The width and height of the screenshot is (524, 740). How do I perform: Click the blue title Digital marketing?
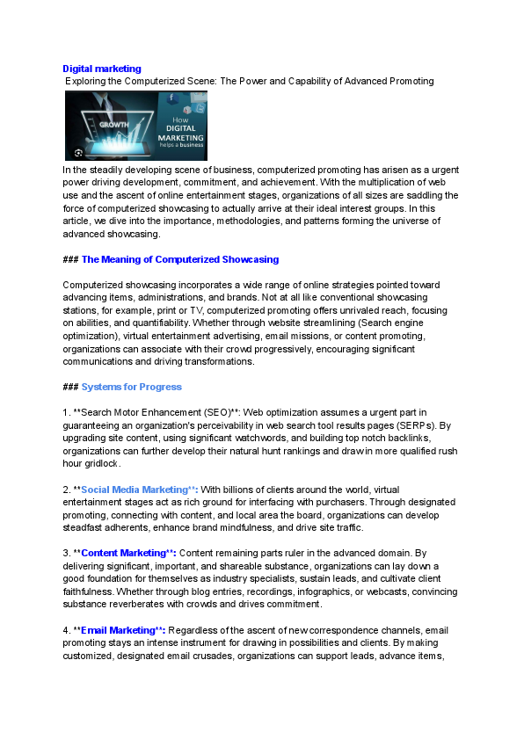pos(102,69)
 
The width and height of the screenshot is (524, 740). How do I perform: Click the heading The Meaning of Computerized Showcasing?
pos(179,259)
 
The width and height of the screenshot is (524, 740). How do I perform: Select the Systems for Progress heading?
pos(132,387)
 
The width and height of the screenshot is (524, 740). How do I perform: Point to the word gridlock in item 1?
pos(102,463)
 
